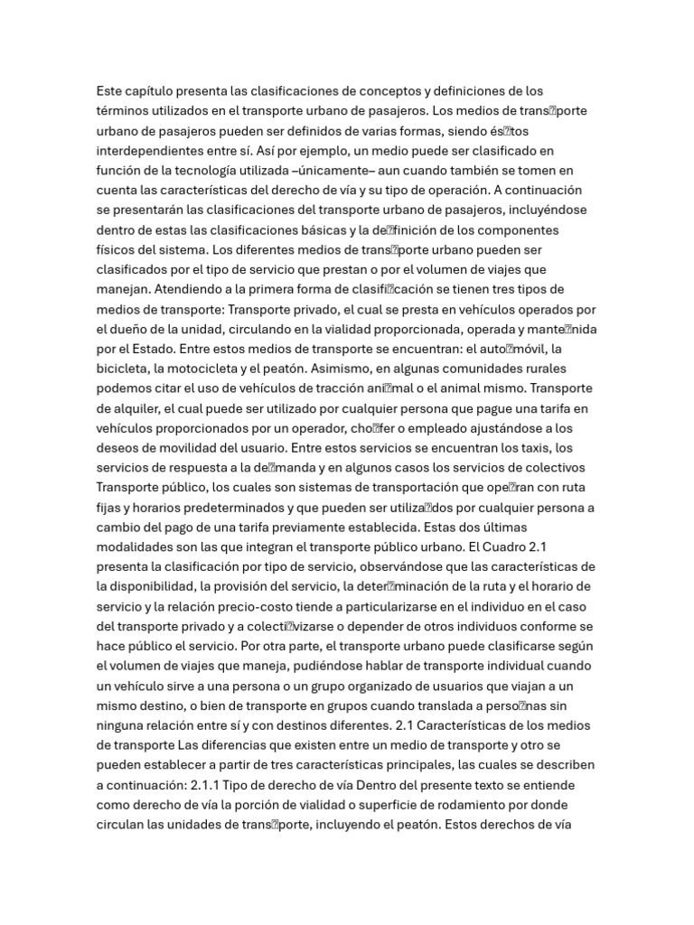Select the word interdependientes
pos(151,150)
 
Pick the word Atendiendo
pos(192,289)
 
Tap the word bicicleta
pos(125,369)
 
